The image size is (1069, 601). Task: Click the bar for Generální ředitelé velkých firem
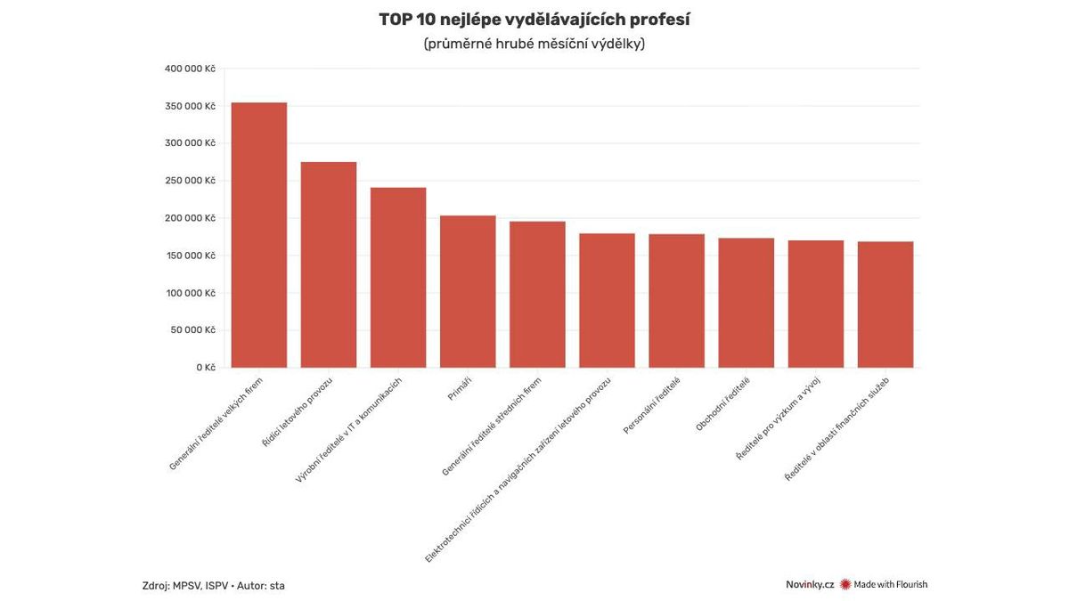(x=259, y=235)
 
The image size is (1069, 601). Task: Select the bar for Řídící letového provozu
(x=329, y=264)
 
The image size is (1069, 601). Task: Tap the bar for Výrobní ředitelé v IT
(x=398, y=278)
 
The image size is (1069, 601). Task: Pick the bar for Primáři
(x=468, y=291)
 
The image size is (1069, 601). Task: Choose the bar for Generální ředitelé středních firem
(x=537, y=295)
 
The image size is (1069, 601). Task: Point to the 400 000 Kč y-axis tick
(x=190, y=69)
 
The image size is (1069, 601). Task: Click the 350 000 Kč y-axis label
(x=190, y=106)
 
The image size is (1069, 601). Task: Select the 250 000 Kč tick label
(x=190, y=181)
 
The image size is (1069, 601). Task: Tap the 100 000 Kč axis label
(x=190, y=293)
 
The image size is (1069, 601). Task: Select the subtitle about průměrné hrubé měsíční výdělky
(x=534, y=44)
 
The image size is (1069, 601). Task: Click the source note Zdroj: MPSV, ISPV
(x=213, y=585)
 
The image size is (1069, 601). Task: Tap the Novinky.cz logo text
(x=809, y=585)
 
